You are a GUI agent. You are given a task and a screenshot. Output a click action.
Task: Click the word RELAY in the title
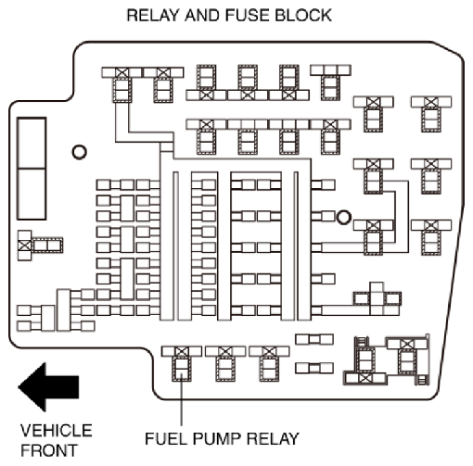coord(153,16)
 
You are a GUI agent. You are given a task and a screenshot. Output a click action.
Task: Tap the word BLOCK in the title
coord(303,16)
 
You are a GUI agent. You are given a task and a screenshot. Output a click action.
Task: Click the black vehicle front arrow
coord(48,387)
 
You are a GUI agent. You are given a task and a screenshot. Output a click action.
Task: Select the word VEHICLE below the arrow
coord(57,431)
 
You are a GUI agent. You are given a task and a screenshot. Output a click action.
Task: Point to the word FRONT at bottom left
coord(49,450)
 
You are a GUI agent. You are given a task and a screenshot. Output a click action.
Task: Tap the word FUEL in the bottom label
coord(166,438)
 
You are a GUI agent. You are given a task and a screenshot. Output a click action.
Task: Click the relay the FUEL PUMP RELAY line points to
coord(182,364)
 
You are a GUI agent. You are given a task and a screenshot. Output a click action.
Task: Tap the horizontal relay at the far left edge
coord(40,246)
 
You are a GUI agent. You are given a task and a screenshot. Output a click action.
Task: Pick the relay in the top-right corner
coord(431,114)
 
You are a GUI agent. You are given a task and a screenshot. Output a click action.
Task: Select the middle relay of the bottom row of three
coord(225,364)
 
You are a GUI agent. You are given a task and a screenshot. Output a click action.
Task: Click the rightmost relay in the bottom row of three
coord(269,364)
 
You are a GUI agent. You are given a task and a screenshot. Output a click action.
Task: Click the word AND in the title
coord(202,16)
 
